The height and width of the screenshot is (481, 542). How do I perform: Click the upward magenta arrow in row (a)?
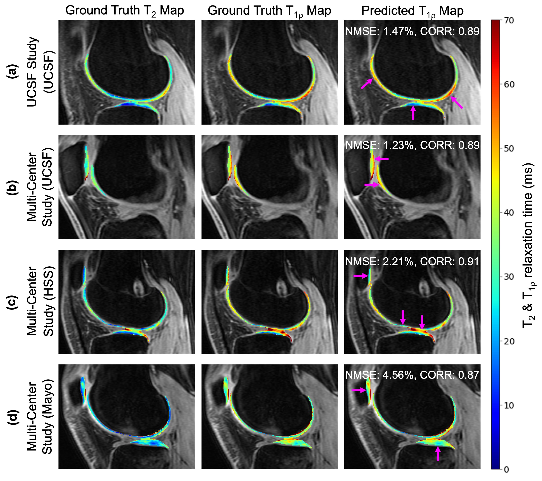413,112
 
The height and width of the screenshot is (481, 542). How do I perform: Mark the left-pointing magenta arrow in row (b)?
381,159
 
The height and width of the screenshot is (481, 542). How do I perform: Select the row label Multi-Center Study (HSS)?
40,302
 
